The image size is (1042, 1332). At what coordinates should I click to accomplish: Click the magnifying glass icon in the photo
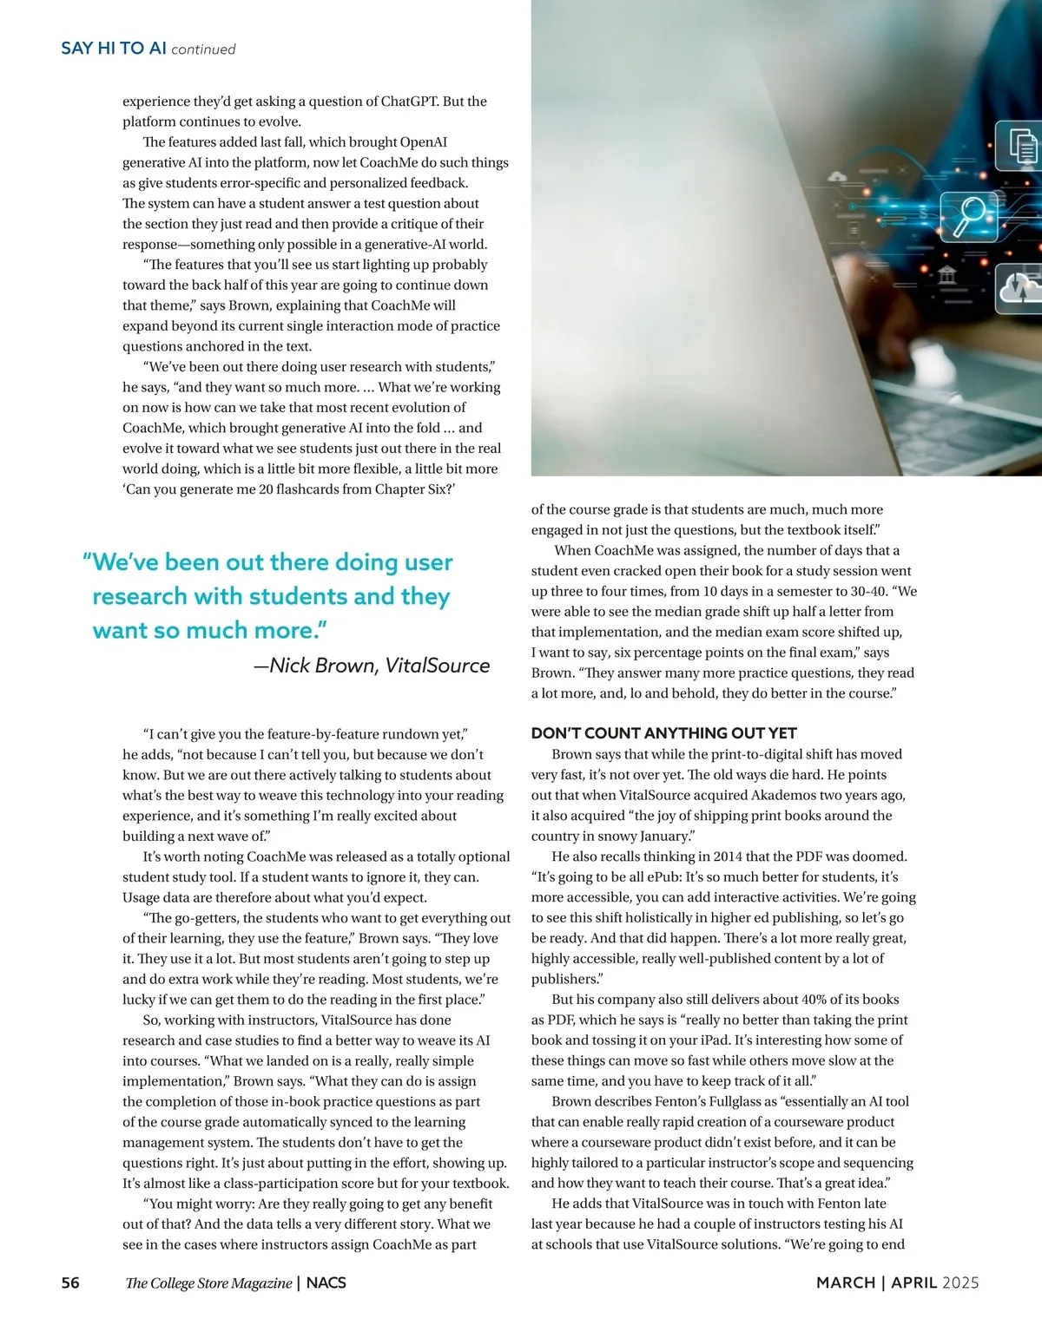point(969,215)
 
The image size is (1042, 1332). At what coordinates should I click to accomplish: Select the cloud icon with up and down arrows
point(1021,289)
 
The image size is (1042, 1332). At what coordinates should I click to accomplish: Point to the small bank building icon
point(947,276)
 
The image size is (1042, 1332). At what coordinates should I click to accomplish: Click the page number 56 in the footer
point(70,1283)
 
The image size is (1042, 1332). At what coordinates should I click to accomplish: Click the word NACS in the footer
point(326,1283)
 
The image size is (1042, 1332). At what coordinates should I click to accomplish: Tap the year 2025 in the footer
point(960,1283)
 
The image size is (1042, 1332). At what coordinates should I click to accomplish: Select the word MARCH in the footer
point(845,1283)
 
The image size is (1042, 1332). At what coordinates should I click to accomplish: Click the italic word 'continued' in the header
point(203,49)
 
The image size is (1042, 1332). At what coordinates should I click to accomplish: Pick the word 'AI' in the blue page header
point(157,49)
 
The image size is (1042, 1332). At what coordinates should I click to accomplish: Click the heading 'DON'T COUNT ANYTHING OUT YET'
point(663,733)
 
